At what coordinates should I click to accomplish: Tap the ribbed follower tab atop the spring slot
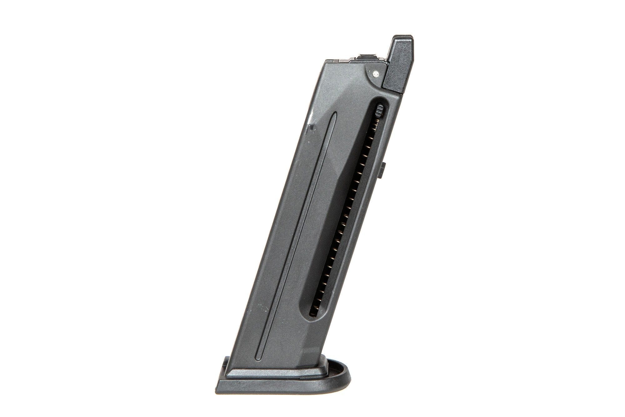380,110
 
